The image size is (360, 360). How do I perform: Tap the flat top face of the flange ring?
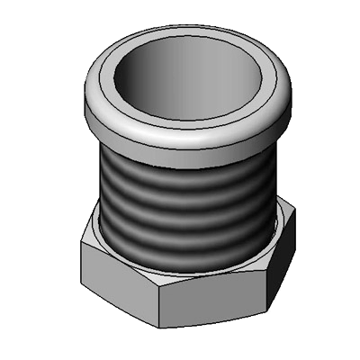point(189,112)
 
